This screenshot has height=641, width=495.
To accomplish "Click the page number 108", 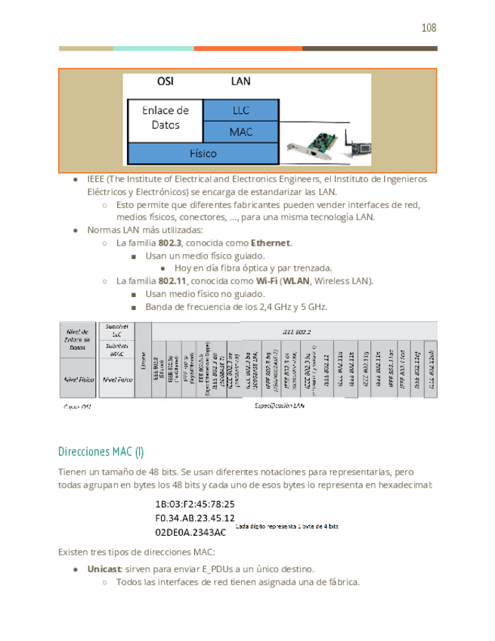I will tap(428, 28).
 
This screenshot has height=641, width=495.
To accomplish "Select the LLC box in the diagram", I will tap(241, 110).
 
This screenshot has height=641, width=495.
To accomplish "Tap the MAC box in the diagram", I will tap(241, 132).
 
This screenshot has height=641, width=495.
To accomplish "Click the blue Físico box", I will tap(202, 153).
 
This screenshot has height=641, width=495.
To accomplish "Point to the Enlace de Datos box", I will tap(166, 117).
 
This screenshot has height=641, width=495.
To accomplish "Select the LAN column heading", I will tap(240, 81).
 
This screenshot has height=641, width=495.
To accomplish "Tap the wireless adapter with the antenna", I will tap(354, 147).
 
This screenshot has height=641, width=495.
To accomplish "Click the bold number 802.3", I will tap(169, 243).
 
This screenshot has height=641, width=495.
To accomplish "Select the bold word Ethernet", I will tap(270, 243).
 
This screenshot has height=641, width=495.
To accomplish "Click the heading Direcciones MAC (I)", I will tap(101, 452).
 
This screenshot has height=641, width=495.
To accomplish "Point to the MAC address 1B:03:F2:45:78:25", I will tap(194, 503).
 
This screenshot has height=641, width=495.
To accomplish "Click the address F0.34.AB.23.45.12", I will tap(193, 518).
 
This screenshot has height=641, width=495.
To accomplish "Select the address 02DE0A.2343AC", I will tap(190, 532).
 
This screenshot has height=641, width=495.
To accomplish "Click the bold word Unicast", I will tap(104, 568).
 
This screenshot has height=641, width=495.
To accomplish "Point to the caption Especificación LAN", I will tap(284, 406).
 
